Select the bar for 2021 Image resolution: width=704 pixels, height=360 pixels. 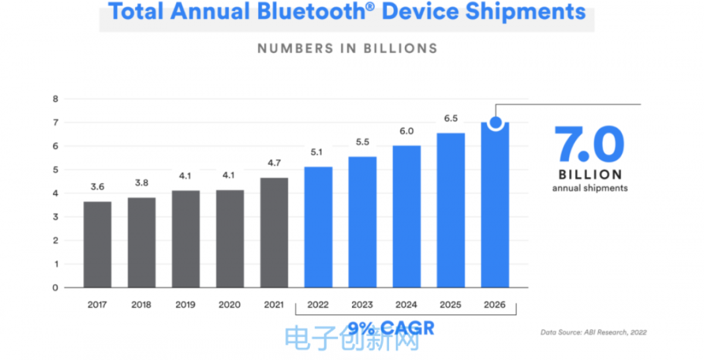pos(274,233)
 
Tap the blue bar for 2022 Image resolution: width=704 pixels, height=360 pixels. pos(318,227)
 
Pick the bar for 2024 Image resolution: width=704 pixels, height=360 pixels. pos(407,216)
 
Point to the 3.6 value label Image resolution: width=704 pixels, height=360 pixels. pos(97,188)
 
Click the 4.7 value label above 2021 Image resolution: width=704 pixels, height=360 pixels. pos(274,164)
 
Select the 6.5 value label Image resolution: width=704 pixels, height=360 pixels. pos(451,119)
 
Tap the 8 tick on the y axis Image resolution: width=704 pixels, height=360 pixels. pos(56,99)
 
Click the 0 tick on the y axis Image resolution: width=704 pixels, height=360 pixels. pos(56,287)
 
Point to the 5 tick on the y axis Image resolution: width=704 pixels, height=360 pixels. pos(56,170)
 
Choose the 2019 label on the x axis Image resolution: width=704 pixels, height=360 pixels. pos(185,305)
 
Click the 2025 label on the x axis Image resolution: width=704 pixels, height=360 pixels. pos(451,305)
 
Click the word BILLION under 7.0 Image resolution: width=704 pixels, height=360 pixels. pos(590,175)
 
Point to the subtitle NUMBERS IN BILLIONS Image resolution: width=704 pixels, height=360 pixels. pos(347,48)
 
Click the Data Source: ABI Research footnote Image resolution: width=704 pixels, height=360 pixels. pos(593,332)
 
